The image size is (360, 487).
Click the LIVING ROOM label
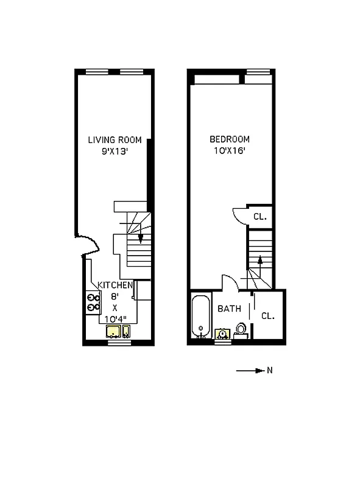point(115,140)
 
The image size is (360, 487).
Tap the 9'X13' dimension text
point(115,152)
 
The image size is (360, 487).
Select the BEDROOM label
point(229,139)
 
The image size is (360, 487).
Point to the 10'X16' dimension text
point(229,152)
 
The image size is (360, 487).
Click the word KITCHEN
point(115,286)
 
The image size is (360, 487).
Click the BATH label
point(229,309)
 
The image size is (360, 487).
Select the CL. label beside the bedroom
point(260,217)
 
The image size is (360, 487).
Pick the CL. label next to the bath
point(267,316)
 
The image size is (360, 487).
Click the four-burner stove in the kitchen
point(93,303)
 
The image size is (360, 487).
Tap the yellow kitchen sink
point(113,332)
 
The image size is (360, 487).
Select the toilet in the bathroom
point(241,331)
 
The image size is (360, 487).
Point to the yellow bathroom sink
point(221,334)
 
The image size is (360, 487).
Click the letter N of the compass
point(269,370)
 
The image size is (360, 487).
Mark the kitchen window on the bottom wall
point(119,343)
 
